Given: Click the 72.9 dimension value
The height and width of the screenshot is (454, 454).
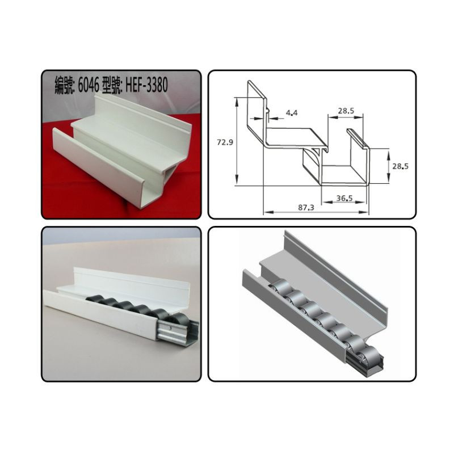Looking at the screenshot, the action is (225, 142).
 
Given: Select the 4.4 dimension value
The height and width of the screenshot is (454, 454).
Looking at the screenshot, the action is (292, 113).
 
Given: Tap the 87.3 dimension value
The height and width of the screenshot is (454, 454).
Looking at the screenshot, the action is (306, 207).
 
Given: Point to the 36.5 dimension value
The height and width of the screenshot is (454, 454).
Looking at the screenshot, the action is (344, 198).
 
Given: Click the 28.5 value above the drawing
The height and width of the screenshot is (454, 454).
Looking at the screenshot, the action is (346, 111).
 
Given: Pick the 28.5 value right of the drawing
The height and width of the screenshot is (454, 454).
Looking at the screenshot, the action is (401, 166).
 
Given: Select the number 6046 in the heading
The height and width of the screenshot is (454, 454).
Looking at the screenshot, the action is (89, 86).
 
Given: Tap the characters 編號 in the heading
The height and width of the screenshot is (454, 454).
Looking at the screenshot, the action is (64, 86).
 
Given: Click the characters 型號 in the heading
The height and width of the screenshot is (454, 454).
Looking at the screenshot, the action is (112, 86).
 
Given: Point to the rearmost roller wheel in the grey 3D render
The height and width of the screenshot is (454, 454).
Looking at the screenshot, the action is (278, 287).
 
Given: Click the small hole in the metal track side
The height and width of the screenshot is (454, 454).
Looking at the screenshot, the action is (171, 328).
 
